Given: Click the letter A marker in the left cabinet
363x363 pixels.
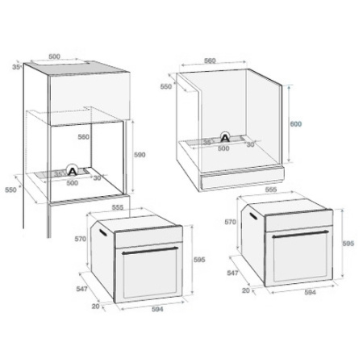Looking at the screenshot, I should (x=73, y=171).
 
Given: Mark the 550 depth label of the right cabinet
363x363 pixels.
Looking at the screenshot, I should (x=166, y=86).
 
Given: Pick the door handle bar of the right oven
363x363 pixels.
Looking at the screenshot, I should (x=301, y=236).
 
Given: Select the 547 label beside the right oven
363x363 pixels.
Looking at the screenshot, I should (x=232, y=273).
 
